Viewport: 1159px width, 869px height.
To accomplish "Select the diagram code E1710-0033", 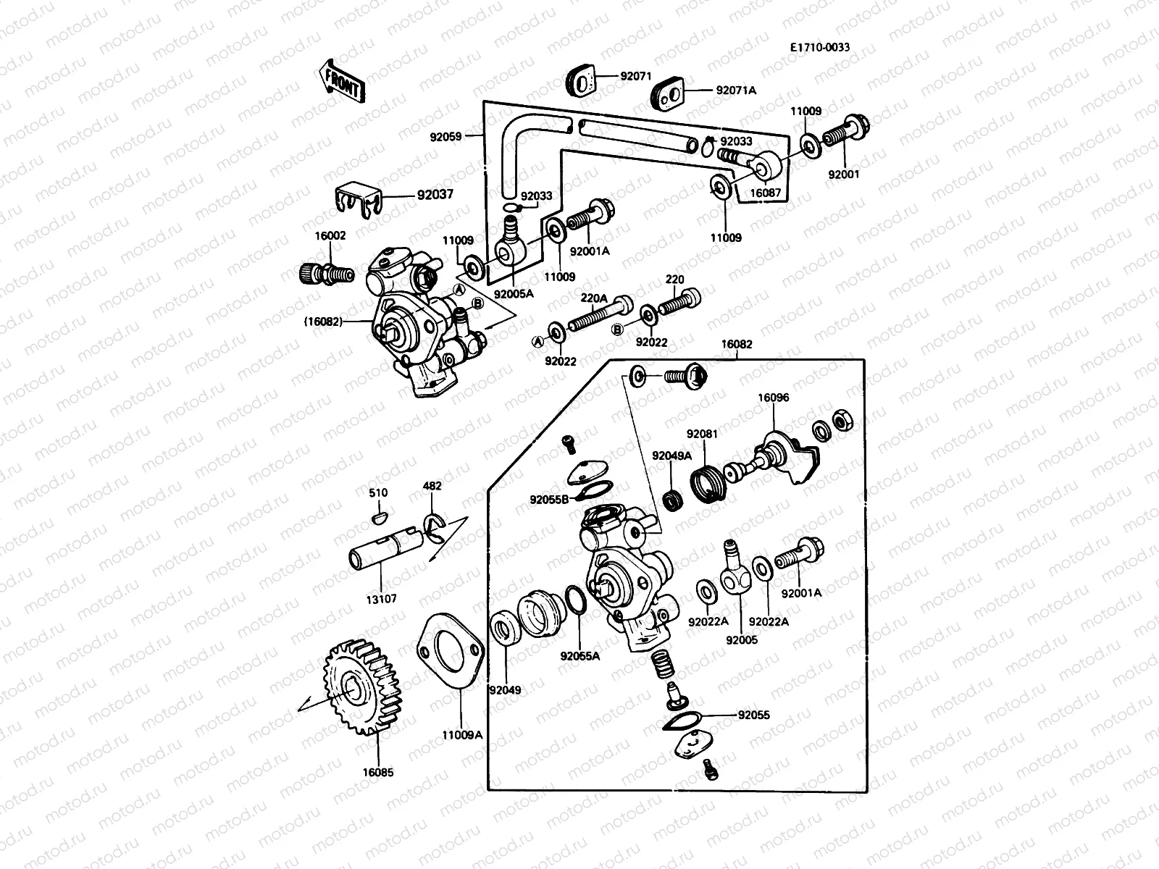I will click(x=820, y=48).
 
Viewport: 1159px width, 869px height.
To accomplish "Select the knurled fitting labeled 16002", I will click(x=325, y=274).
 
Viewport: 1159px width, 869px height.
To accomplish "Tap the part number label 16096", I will click(x=774, y=398).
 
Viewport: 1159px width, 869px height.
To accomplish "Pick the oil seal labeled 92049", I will click(x=504, y=629).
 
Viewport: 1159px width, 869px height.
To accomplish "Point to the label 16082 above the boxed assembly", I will click(x=736, y=345).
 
